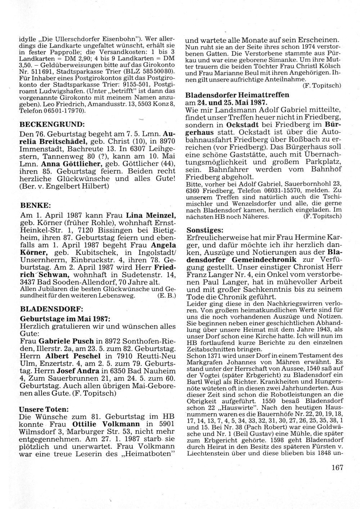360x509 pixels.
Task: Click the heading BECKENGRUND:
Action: click(52, 125)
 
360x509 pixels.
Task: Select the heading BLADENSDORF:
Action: click(51, 309)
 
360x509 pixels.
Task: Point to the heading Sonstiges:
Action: click(204, 230)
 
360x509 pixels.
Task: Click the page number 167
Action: click(337, 468)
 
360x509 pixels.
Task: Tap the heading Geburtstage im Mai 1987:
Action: click(64, 319)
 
